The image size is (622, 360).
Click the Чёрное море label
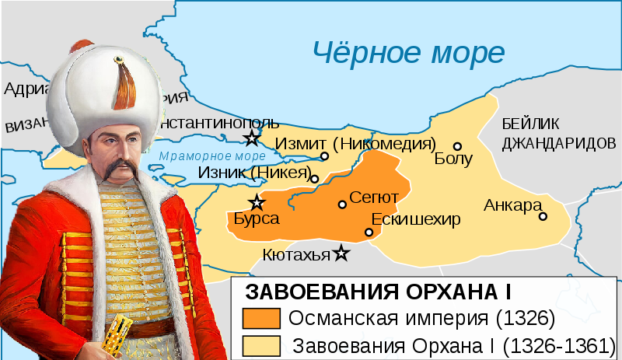(x=408, y=52)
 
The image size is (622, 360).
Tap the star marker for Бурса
(x=257, y=203)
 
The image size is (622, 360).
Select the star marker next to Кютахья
(x=341, y=253)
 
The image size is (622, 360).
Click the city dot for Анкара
(x=543, y=216)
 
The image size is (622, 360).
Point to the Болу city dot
(x=458, y=145)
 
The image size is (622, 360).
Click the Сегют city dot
(x=342, y=204)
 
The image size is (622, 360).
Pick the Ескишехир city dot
(x=369, y=232)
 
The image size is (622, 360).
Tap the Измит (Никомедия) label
(x=355, y=144)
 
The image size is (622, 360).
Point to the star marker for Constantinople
(x=251, y=138)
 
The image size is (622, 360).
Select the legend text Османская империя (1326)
(x=421, y=319)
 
